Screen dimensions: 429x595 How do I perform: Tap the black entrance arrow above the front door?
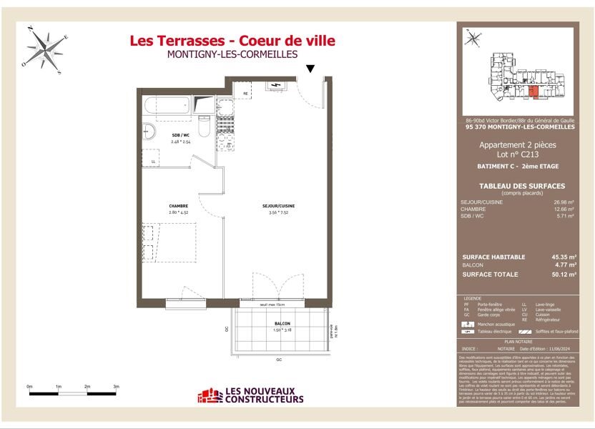tap(310, 69)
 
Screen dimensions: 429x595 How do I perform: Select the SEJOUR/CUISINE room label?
tap(278, 206)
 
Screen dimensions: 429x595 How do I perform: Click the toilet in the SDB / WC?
tap(204, 125)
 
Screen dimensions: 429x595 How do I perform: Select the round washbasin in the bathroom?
tap(149, 132)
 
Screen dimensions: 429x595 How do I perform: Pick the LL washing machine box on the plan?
tap(154, 162)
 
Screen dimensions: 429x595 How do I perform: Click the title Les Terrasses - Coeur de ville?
tap(232, 41)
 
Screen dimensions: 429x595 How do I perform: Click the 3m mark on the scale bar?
tap(116, 387)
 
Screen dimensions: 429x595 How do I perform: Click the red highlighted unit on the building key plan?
tap(532, 90)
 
